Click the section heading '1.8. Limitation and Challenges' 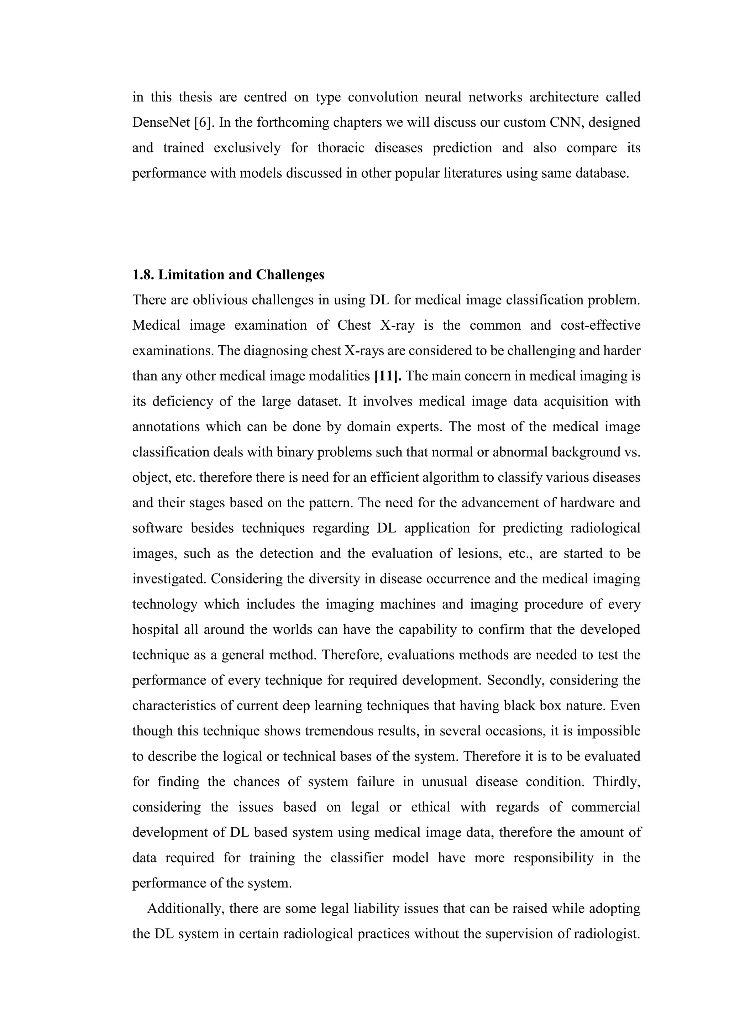pos(228,274)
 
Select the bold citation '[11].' pos(388,376)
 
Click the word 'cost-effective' pos(600,325)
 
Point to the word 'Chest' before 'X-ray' pos(354,325)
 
